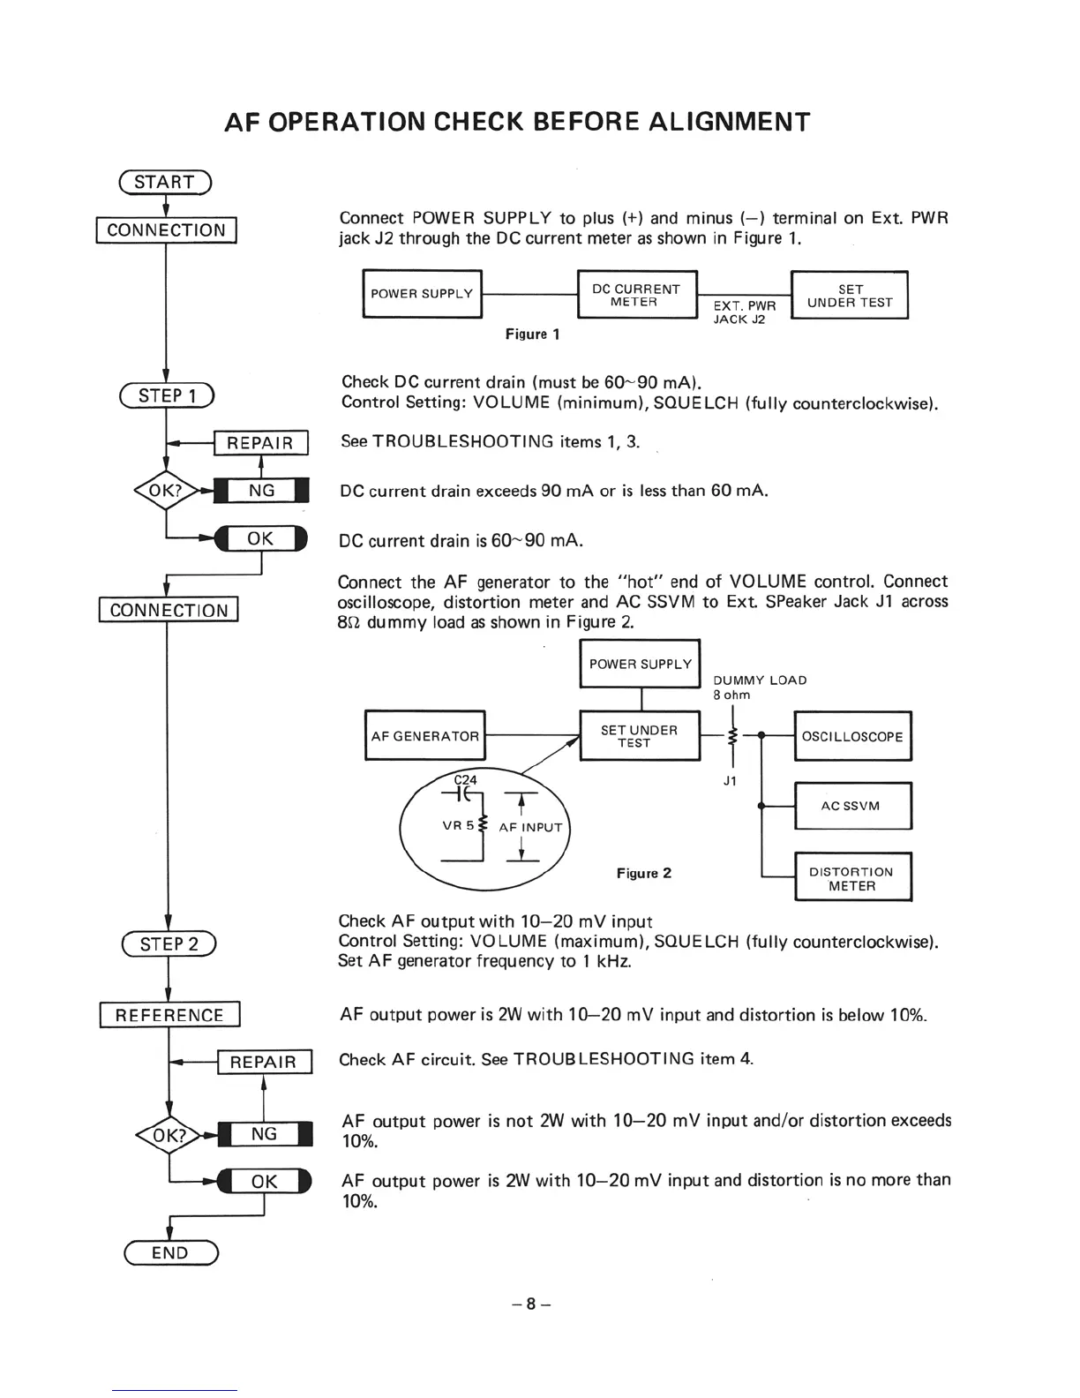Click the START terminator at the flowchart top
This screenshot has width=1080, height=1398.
tap(165, 182)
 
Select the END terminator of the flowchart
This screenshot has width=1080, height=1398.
tap(170, 1252)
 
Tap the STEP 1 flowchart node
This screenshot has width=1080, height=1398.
tap(167, 395)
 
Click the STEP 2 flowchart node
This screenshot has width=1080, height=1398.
tap(169, 944)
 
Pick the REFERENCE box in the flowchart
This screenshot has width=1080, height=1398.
tap(169, 1015)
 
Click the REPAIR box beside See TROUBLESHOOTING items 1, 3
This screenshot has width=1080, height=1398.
tap(260, 442)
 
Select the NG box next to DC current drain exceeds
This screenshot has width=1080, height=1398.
tap(262, 490)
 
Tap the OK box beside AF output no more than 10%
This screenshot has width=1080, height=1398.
tap(265, 1181)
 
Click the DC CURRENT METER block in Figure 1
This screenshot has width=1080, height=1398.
tap(636, 295)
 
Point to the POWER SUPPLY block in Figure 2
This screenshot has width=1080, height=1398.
tap(640, 664)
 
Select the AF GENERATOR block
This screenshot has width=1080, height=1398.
tap(424, 735)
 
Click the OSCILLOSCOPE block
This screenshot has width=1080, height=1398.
tap(852, 736)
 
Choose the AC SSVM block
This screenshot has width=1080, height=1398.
tap(852, 805)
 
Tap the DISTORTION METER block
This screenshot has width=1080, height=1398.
tap(852, 877)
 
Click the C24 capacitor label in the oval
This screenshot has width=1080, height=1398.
tap(465, 779)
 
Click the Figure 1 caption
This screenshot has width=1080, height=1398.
tap(532, 334)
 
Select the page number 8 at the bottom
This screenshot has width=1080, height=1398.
tap(531, 1303)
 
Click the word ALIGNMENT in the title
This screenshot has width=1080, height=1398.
tap(729, 122)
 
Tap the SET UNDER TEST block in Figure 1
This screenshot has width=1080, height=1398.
tap(850, 295)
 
